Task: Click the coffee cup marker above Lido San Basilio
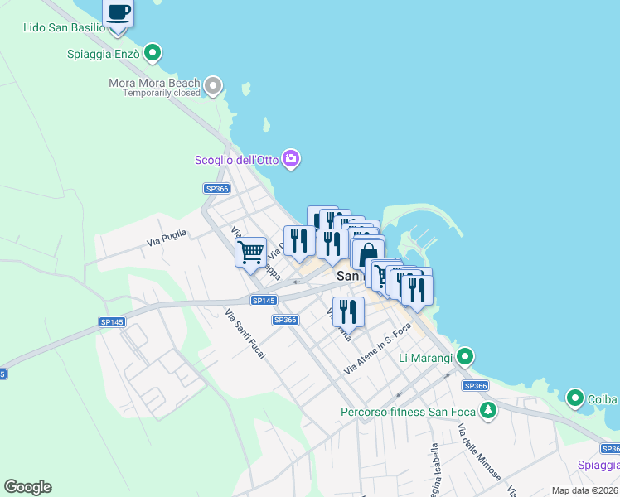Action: coord(119,13)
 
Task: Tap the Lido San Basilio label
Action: coord(65,27)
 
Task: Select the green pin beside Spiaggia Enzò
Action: coord(152,54)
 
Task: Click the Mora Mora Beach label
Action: coord(155,83)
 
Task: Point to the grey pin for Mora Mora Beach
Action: coord(214,84)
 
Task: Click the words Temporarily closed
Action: coord(162,94)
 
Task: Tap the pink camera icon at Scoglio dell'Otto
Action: coord(290,158)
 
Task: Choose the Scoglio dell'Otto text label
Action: coord(236,160)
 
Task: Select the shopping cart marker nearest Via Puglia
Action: coord(250,251)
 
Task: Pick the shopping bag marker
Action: coord(368,253)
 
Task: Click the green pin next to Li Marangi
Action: coord(465,357)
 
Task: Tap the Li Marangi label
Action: coord(425,358)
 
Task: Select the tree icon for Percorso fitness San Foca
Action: coord(489,410)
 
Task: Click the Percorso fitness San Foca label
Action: coord(409,412)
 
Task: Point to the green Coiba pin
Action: coord(574,398)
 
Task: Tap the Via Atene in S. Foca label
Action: coord(378,347)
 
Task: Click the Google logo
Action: coord(27,487)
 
